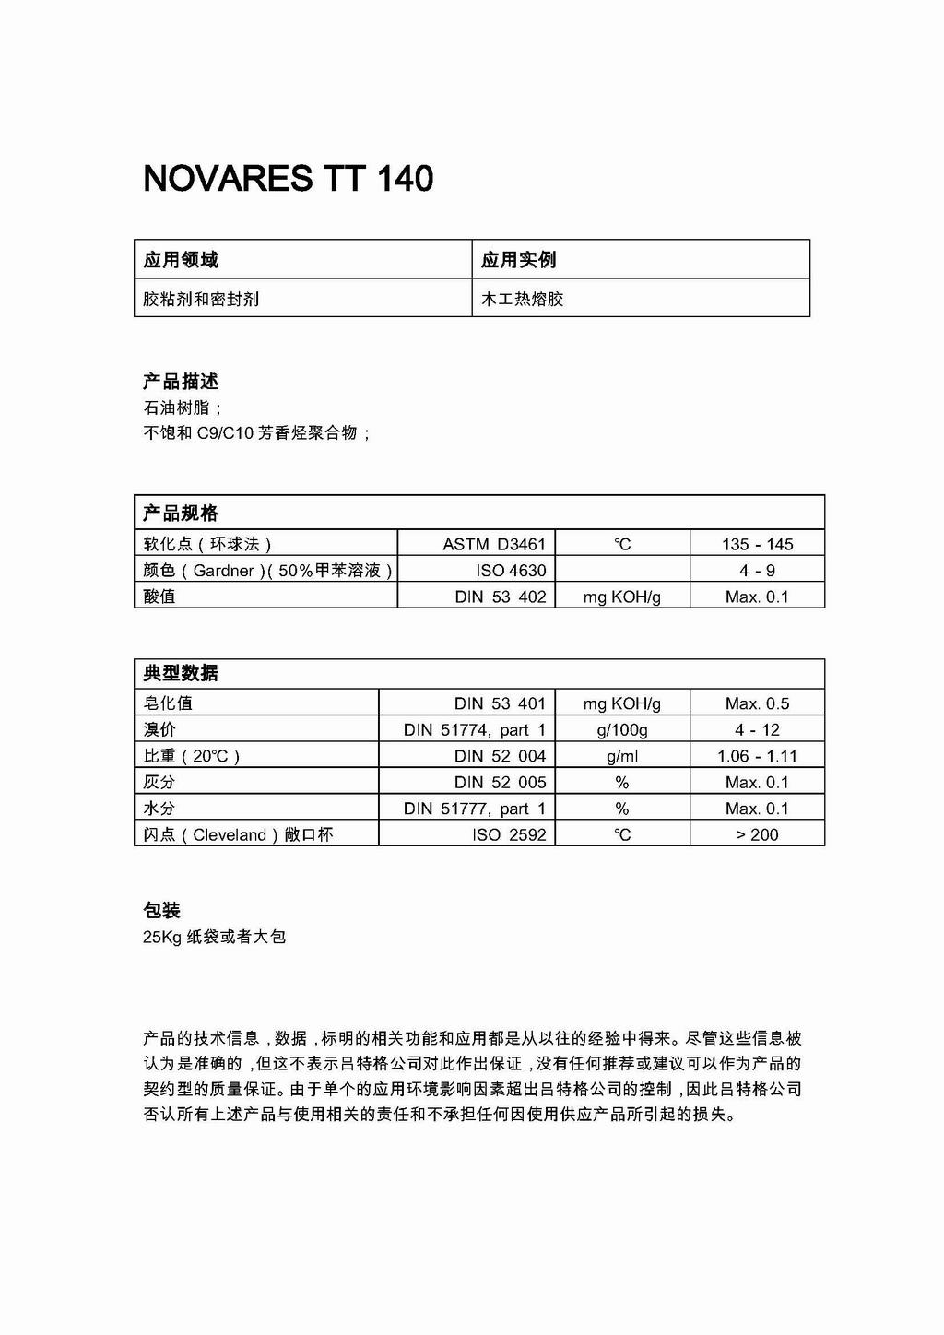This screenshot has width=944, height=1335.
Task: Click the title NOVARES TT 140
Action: [288, 178]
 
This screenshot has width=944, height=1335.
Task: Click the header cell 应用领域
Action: [181, 260]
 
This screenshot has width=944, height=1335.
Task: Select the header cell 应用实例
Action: [518, 260]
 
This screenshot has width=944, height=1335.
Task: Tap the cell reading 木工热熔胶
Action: [522, 299]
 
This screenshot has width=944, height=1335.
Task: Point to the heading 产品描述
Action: [181, 382]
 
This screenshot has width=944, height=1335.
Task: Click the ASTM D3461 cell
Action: [494, 544]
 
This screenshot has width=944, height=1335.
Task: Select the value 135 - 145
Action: [757, 544]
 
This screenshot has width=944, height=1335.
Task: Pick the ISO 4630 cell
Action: [511, 571]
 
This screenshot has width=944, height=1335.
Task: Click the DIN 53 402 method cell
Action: [501, 597]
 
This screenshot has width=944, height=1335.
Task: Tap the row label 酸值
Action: [159, 597]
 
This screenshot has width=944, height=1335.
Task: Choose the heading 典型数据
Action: [181, 673]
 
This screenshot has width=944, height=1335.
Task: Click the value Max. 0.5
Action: [757, 703]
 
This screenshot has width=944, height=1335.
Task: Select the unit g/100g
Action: [622, 730]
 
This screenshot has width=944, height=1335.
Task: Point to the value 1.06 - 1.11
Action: [757, 756]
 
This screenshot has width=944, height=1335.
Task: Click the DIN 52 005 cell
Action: [501, 782]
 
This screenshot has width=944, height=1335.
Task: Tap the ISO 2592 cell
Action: [509, 834]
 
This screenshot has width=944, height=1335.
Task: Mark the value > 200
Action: [757, 834]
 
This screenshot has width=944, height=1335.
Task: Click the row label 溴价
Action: [159, 730]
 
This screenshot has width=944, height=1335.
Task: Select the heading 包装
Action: [162, 911]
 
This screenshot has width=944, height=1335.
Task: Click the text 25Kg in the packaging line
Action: [161, 937]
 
